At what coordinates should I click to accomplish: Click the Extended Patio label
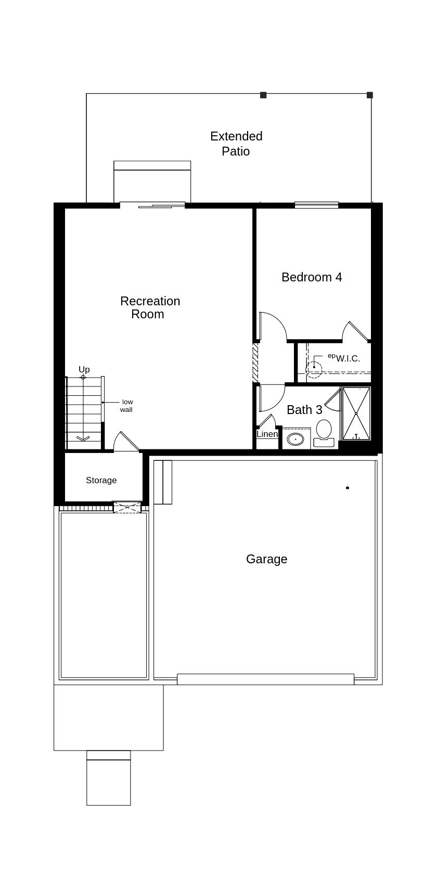click(236, 144)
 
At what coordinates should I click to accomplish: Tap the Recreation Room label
click(150, 307)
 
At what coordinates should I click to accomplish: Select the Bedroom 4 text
click(312, 277)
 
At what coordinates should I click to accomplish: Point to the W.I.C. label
click(348, 358)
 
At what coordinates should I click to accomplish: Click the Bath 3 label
click(304, 410)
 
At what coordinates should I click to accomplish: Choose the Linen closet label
click(267, 434)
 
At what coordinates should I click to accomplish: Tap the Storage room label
click(101, 480)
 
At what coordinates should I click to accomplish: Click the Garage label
click(266, 559)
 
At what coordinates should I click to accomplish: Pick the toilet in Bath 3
click(324, 432)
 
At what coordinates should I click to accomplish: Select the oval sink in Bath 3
click(296, 438)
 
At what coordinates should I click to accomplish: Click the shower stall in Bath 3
click(356, 413)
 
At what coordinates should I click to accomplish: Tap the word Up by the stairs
click(84, 369)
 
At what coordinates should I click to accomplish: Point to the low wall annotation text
click(126, 406)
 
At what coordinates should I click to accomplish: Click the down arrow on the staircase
click(83, 438)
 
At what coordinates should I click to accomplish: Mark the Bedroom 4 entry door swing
click(272, 326)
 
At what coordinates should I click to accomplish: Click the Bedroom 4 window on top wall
click(316, 205)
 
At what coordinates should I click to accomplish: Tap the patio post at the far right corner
click(370, 95)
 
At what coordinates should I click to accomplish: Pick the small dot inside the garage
click(348, 488)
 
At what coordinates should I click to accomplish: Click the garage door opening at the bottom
click(265, 679)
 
